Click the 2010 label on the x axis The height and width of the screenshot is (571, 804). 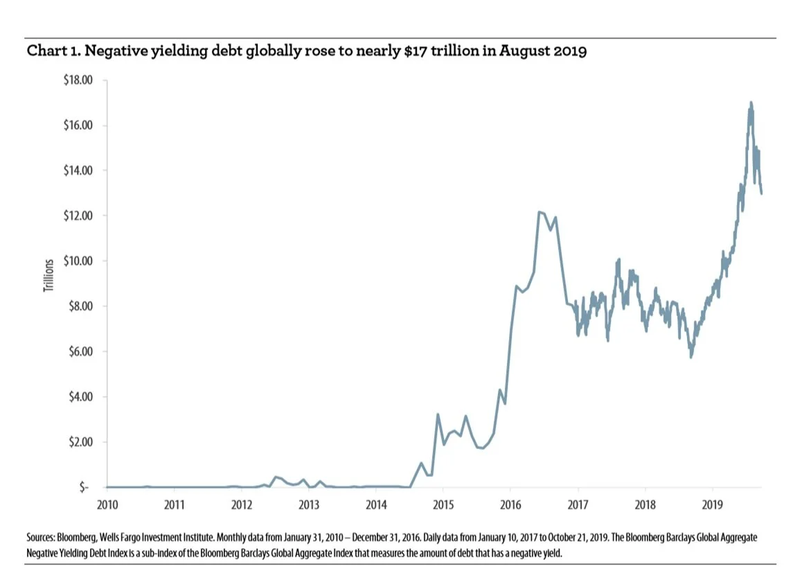[107, 503]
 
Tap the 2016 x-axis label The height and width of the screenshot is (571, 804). [510, 503]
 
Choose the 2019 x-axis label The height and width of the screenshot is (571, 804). [713, 503]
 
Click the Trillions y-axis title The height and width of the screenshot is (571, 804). [48, 275]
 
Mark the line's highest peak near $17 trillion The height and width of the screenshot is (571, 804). [751, 103]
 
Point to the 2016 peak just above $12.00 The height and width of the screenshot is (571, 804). [539, 212]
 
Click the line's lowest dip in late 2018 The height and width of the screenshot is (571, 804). [691, 357]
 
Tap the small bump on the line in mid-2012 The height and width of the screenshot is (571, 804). [276, 477]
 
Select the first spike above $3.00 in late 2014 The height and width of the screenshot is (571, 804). [437, 414]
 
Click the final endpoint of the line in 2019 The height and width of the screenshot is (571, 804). [762, 193]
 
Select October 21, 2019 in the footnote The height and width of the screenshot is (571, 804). [563, 537]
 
